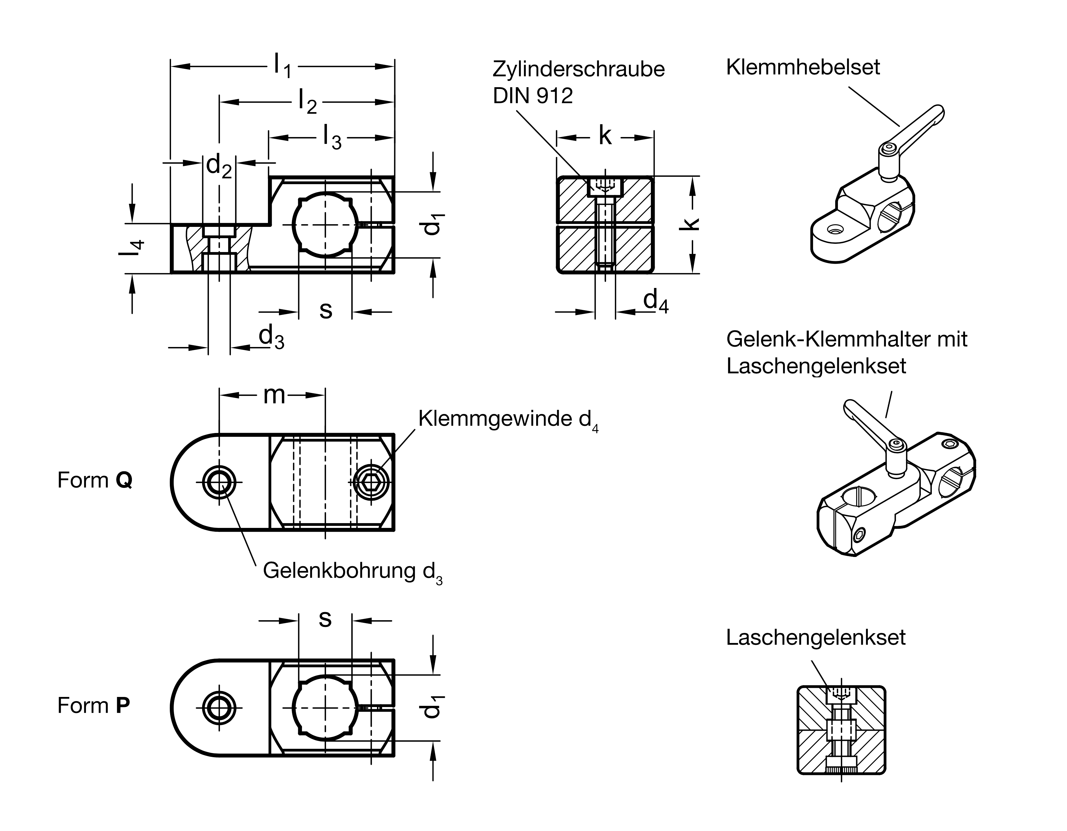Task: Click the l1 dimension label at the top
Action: coord(282,66)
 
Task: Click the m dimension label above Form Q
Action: coord(274,395)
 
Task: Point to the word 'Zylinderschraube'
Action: coord(579,69)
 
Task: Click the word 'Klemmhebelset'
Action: coord(803,67)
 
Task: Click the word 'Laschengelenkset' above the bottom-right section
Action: coord(815,637)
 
